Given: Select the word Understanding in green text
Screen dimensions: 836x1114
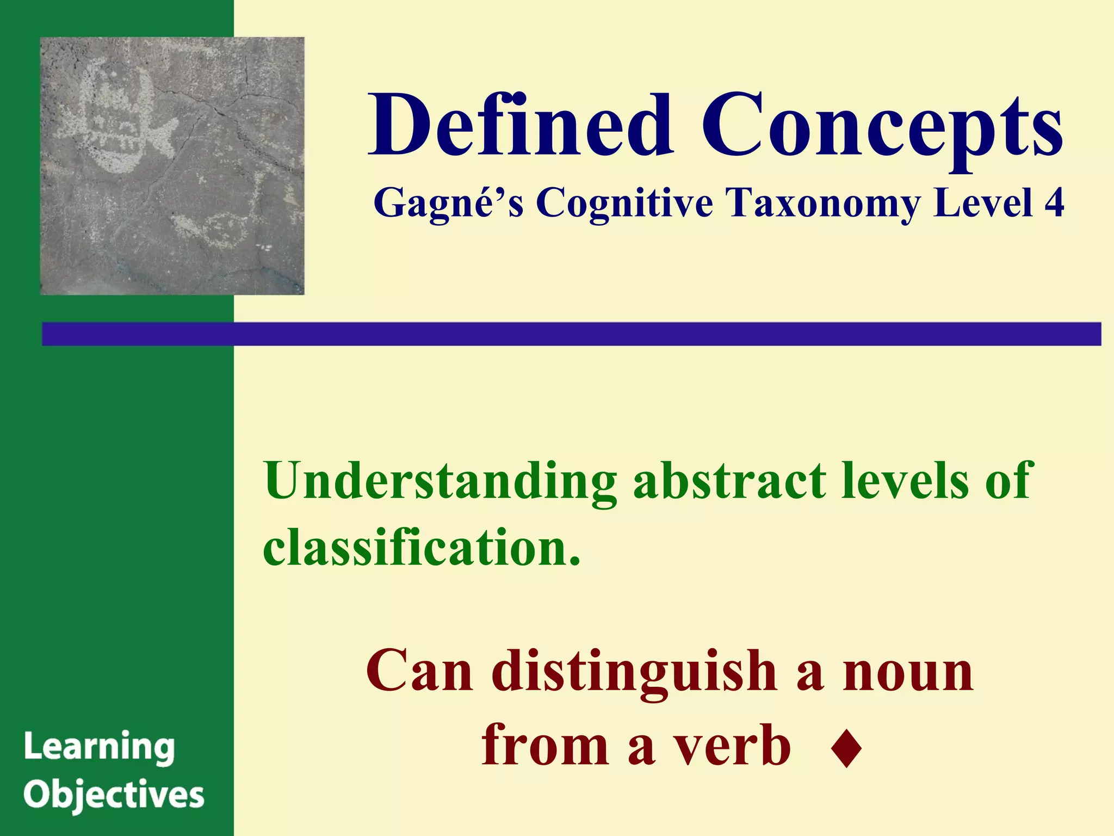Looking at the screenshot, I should pyautogui.click(x=440, y=481).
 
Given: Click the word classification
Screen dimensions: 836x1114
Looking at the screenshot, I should pyautogui.click(x=422, y=546).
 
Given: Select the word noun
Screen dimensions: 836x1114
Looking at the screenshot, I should pyautogui.click(x=908, y=673).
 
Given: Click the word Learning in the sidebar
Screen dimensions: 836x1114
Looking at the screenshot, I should pyautogui.click(x=100, y=747).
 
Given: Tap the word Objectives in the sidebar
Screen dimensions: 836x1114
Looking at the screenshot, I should pyautogui.click(x=114, y=795).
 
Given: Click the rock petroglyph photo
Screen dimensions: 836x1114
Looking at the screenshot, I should pyautogui.click(x=172, y=166).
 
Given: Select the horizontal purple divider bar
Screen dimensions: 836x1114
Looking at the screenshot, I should pyautogui.click(x=571, y=334).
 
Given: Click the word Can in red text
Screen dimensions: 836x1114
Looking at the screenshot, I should pyautogui.click(x=419, y=673).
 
